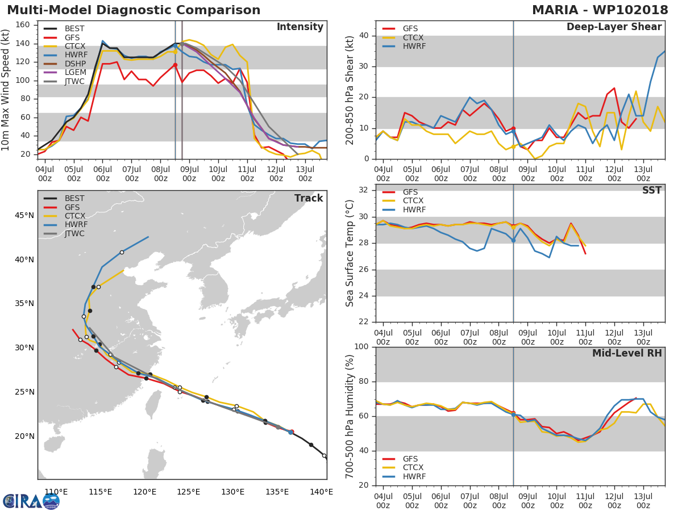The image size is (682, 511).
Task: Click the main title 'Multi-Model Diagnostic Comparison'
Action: coord(134,10)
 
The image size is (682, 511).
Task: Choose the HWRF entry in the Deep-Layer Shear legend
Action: coord(414,46)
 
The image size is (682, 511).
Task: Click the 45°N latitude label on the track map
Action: coord(24,215)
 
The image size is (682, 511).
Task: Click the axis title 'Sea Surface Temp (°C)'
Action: coord(350,253)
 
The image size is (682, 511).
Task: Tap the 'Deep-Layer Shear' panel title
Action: coord(614,27)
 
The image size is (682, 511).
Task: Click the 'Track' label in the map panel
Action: coord(309,198)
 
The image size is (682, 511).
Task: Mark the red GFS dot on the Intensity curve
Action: coord(175,65)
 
